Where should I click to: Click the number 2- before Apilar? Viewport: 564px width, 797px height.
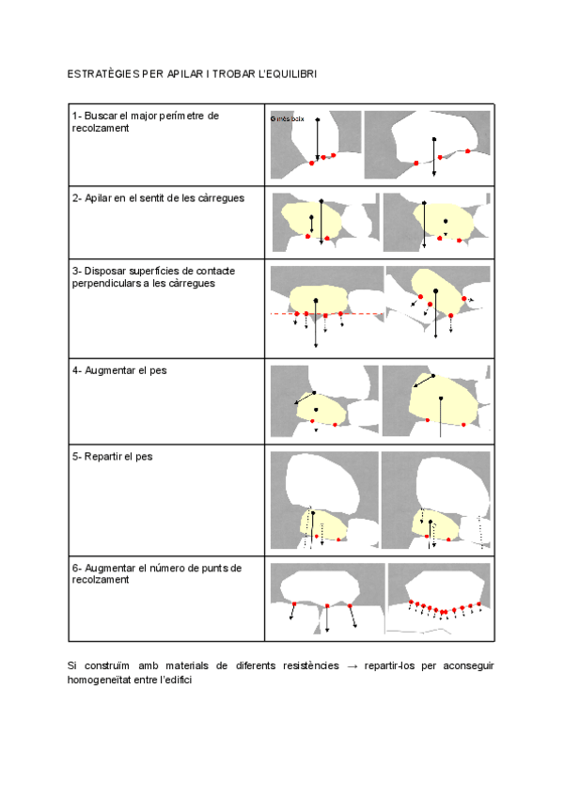(75, 199)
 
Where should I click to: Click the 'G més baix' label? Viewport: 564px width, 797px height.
(287, 118)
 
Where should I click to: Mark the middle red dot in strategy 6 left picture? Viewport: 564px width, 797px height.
(325, 604)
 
